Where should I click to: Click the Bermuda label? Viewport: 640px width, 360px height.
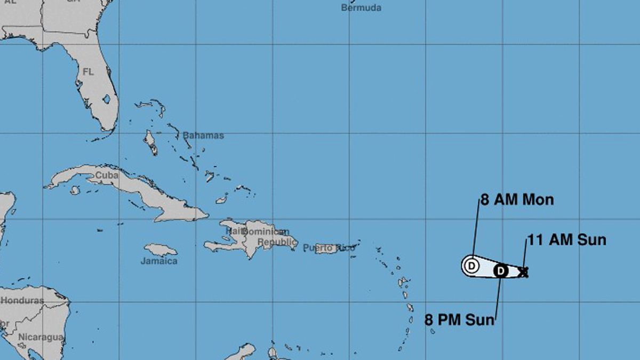pyautogui.click(x=361, y=7)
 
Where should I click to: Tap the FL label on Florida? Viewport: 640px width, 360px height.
pyautogui.click(x=88, y=71)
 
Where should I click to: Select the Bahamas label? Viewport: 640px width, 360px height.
pyautogui.click(x=203, y=135)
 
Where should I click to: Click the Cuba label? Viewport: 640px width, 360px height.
pyautogui.click(x=106, y=175)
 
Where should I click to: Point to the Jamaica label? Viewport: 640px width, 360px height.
pyautogui.click(x=159, y=261)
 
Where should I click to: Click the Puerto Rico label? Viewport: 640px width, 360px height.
pyautogui.click(x=328, y=247)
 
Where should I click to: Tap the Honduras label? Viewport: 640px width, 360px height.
pyautogui.click(x=22, y=300)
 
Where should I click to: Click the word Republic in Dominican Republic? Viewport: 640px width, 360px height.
pyautogui.click(x=277, y=242)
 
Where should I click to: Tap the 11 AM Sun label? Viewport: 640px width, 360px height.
pyautogui.click(x=567, y=240)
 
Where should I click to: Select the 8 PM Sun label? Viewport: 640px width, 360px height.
pyautogui.click(x=459, y=320)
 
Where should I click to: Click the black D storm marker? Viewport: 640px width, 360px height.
pyautogui.click(x=500, y=271)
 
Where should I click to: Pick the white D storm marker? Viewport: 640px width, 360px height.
pyautogui.click(x=471, y=265)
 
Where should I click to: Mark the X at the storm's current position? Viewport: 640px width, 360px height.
pyautogui.click(x=524, y=273)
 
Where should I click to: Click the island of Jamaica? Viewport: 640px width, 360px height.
pyautogui.click(x=161, y=250)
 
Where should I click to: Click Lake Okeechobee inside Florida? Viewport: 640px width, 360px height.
pyautogui.click(x=107, y=99)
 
